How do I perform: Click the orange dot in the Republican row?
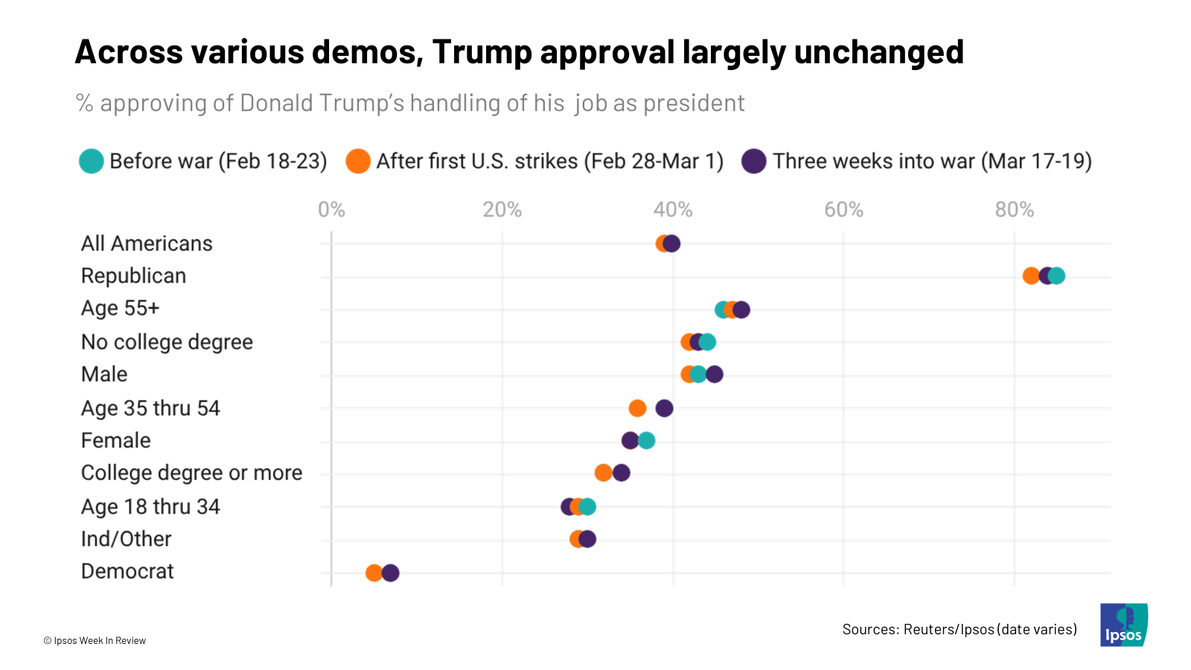point(1031,276)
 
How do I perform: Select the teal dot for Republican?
point(1057,276)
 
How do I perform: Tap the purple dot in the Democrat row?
point(390,573)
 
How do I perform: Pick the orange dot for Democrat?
point(374,573)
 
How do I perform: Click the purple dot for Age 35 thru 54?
point(664,408)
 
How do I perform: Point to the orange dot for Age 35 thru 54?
point(637,408)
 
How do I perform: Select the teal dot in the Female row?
point(647,441)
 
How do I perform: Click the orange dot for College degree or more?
point(603,473)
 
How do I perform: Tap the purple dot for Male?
point(715,374)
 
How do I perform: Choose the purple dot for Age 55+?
point(741,310)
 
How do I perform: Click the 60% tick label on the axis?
point(843,210)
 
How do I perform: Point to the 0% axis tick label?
point(331,210)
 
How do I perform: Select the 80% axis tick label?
point(1015,210)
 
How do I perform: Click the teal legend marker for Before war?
point(92,162)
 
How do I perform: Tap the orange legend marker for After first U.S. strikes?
point(358,162)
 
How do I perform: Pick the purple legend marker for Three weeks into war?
point(754,162)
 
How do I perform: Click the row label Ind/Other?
point(126,539)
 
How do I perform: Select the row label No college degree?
point(167,342)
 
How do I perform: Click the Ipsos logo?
point(1123,625)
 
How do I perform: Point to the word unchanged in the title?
point(878,52)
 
